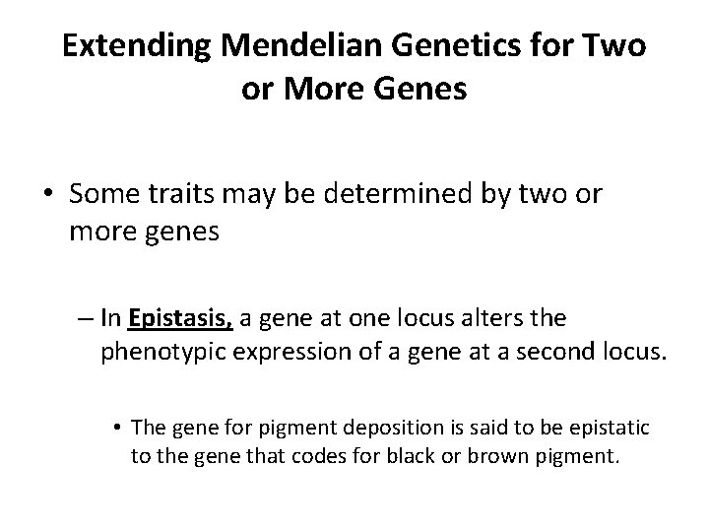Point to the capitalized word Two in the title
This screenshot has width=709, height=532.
click(x=617, y=47)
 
